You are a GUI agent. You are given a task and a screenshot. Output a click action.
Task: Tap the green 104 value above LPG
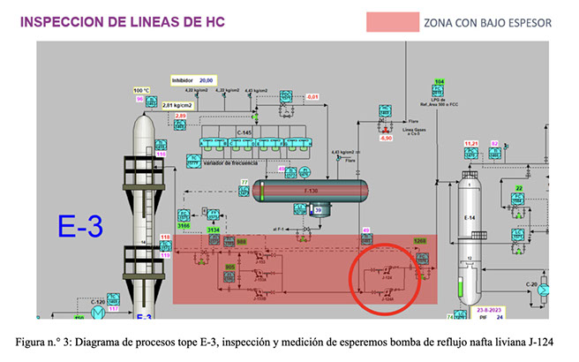(x=439, y=82)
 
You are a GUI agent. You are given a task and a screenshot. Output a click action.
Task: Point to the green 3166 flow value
(x=184, y=227)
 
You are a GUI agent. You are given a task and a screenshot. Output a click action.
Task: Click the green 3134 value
(x=213, y=230)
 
